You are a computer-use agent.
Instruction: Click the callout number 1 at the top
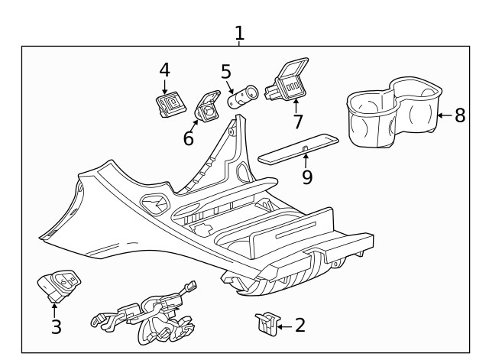[240, 34]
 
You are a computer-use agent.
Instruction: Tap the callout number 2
[300, 326]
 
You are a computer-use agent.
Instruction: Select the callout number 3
[56, 327]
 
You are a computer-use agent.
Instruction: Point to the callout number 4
[164, 70]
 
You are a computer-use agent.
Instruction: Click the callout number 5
[226, 72]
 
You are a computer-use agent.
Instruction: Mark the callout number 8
[459, 115]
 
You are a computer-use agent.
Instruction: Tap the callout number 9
[306, 177]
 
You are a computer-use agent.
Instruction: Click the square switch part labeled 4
[169, 105]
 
